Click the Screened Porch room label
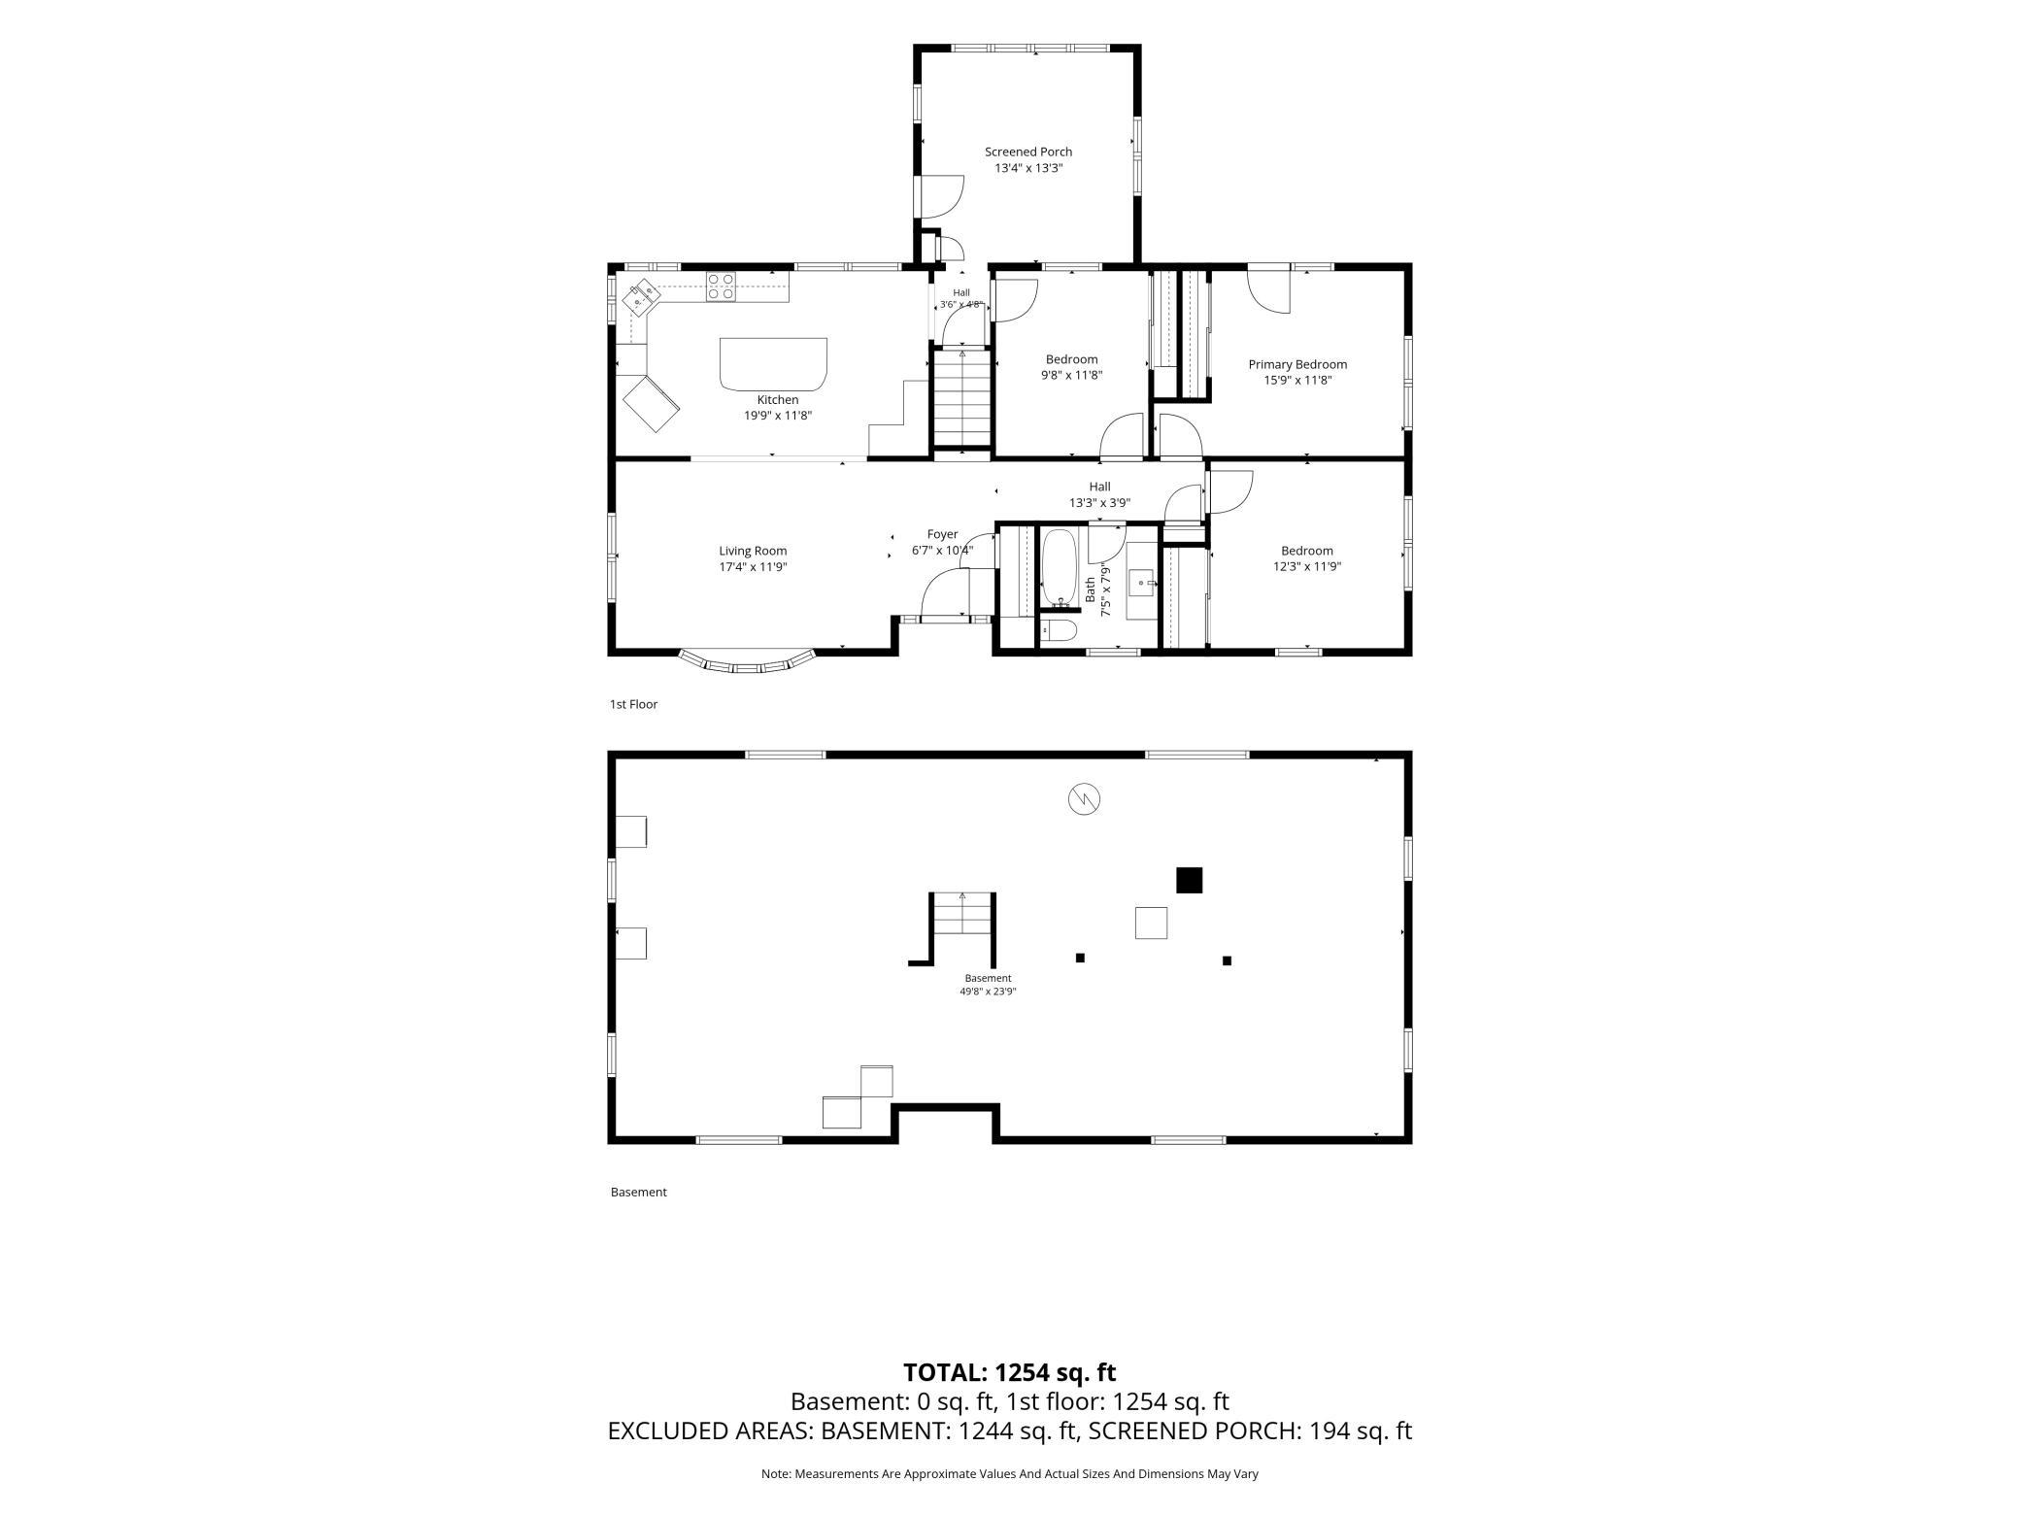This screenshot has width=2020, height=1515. (1028, 151)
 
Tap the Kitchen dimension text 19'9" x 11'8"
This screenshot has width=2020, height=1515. (778, 416)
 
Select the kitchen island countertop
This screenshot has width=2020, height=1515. (773, 363)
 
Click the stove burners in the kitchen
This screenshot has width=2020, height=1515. (721, 286)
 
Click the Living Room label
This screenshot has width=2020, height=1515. (753, 551)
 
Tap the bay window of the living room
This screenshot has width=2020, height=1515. (746, 664)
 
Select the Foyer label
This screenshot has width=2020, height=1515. (942, 534)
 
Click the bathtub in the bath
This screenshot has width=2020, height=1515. (1059, 568)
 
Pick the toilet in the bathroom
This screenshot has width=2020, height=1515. (1060, 631)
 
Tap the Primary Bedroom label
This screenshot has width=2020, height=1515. (1297, 364)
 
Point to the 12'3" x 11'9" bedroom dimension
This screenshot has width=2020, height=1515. (1307, 566)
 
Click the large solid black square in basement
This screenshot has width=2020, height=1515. (1190, 880)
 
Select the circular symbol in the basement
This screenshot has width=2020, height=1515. (1084, 799)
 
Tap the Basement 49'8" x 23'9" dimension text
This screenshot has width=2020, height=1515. (989, 992)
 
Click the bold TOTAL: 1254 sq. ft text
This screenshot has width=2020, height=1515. (1010, 1372)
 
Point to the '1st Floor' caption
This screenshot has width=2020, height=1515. (633, 704)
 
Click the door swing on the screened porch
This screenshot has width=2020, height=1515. (940, 196)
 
